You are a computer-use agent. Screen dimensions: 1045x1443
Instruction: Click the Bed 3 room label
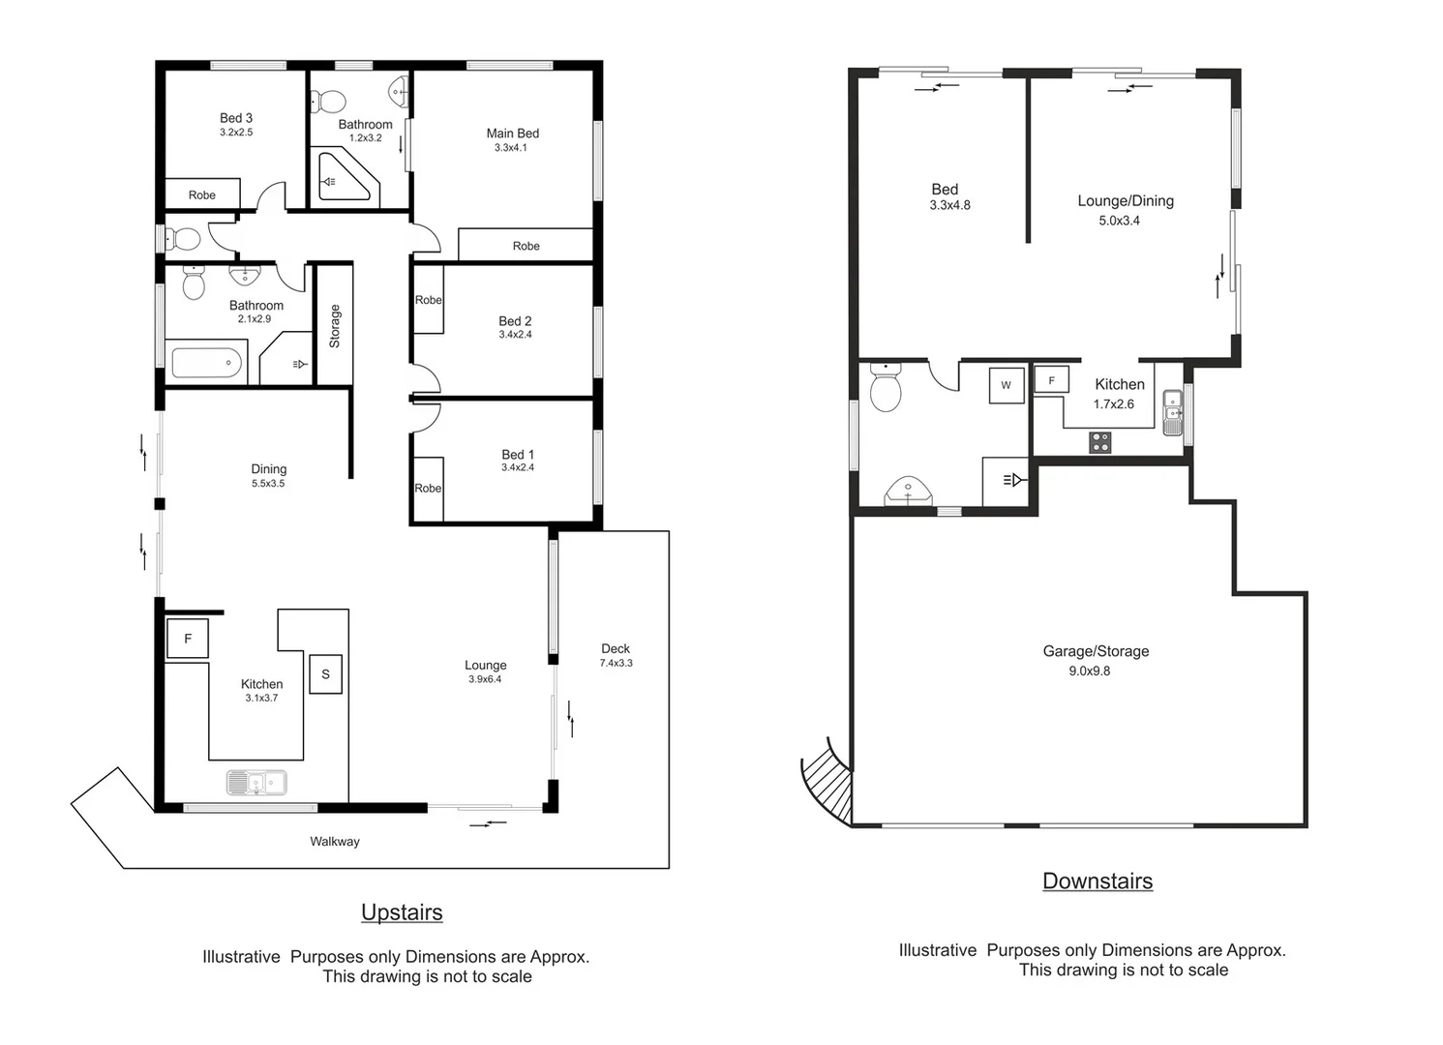pyautogui.click(x=235, y=118)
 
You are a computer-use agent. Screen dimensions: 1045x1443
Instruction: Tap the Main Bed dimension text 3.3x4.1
pyautogui.click(x=510, y=148)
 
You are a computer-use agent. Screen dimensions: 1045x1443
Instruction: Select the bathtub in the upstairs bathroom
pyautogui.click(x=206, y=364)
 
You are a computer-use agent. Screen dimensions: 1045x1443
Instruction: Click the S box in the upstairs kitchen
pyautogui.click(x=325, y=674)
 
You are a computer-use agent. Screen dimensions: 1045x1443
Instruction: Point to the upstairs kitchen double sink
pyautogui.click(x=256, y=782)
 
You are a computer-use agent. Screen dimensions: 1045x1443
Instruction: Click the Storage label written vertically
pyautogui.click(x=335, y=326)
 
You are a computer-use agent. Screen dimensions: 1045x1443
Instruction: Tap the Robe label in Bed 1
pyautogui.click(x=428, y=489)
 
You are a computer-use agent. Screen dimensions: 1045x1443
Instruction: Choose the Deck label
pyautogui.click(x=616, y=648)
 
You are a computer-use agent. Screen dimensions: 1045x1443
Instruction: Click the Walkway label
pyautogui.click(x=334, y=842)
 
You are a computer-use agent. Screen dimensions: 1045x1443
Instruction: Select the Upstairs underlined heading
pyautogui.click(x=402, y=912)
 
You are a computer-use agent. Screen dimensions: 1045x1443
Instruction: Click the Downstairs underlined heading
pyautogui.click(x=1097, y=881)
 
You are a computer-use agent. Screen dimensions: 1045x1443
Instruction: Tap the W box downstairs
pyautogui.click(x=1006, y=385)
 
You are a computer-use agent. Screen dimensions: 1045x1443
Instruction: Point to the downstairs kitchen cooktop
pyautogui.click(x=1100, y=443)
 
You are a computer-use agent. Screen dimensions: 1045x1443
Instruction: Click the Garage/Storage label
pyautogui.click(x=1096, y=651)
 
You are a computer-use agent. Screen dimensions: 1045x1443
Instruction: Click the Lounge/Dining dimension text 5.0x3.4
pyautogui.click(x=1119, y=221)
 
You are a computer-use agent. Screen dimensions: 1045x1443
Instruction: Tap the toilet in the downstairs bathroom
pyautogui.click(x=886, y=389)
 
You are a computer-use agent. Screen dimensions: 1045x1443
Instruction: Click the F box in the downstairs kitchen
pyautogui.click(x=1051, y=380)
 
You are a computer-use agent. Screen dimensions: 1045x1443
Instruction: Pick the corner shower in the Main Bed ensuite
pyautogui.click(x=342, y=178)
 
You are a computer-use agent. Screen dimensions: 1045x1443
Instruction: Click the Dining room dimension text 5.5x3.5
pyautogui.click(x=268, y=484)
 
